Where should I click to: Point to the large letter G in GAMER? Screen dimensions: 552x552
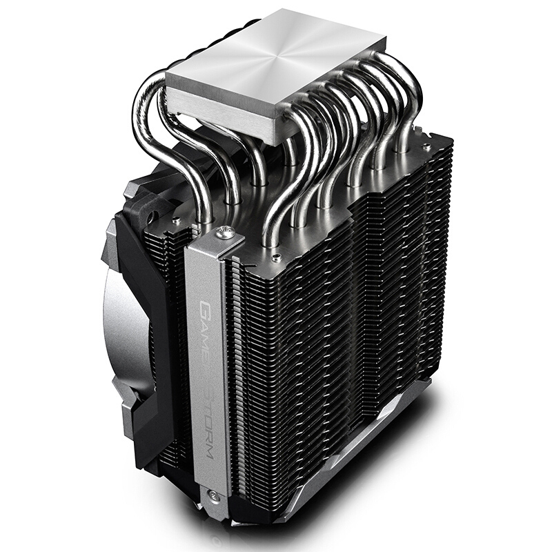click(x=206, y=306)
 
